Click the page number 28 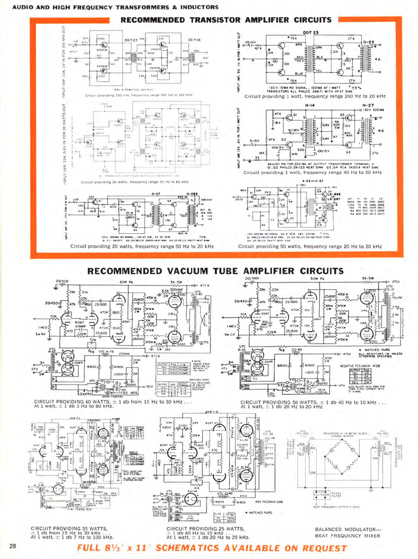click(13, 546)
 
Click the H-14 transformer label click(310, 106)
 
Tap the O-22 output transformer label click(368, 42)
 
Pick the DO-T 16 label click(194, 40)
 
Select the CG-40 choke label click(296, 350)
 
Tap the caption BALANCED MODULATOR click(347, 529)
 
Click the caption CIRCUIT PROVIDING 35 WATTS click(69, 529)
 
